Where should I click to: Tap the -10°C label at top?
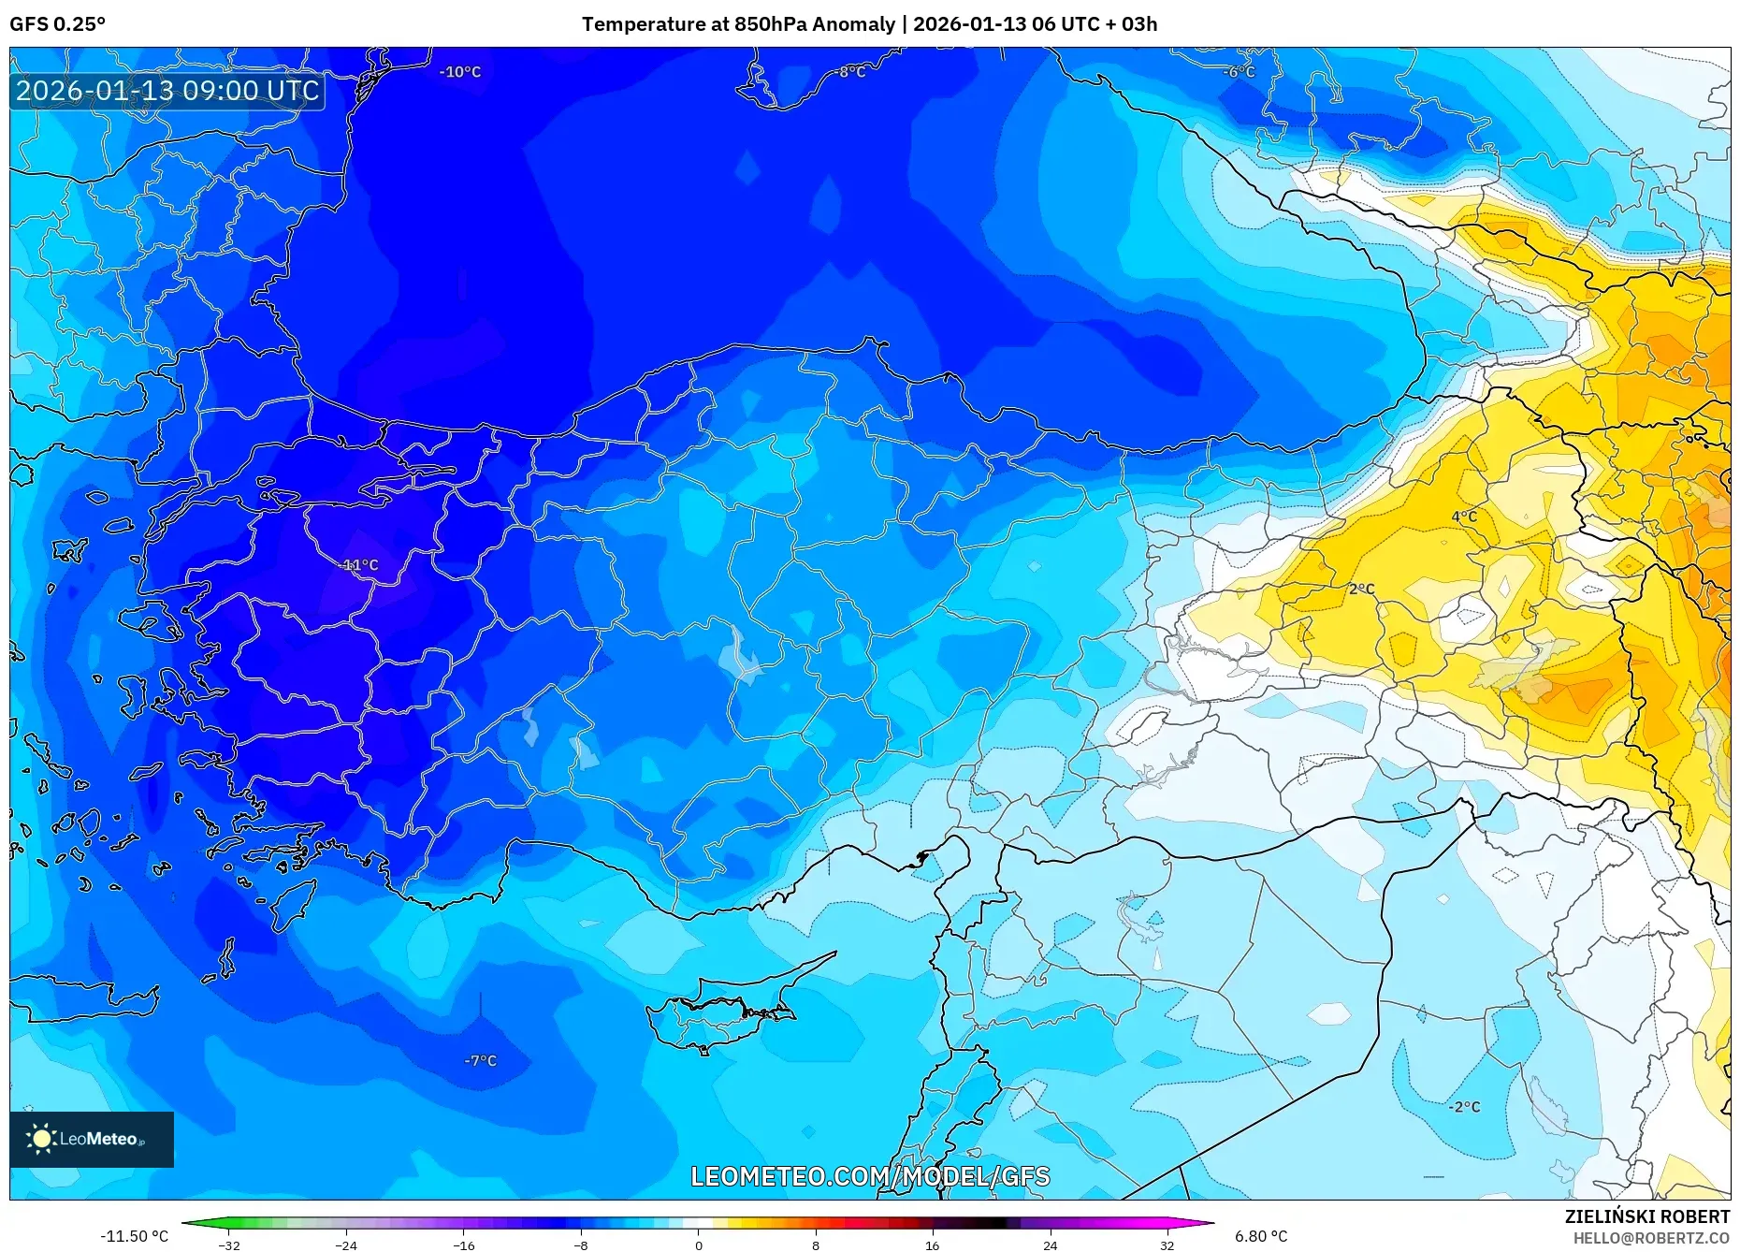coord(460,72)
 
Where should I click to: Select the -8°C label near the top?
coord(850,72)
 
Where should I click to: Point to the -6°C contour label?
coord(1239,72)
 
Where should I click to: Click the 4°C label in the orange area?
coord(1464,517)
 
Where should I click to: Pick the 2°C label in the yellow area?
coord(1361,589)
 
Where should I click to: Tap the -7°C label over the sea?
coord(480,1060)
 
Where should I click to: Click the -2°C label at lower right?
coord(1464,1106)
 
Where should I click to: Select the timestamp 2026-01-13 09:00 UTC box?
coord(167,91)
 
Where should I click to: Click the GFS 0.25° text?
coord(57,24)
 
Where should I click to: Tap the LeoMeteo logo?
coord(92,1139)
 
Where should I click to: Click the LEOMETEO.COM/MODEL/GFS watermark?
coord(870,1176)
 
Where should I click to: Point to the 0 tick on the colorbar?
coord(698,1245)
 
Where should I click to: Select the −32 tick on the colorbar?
coord(229,1245)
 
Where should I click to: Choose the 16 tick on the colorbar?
coord(933,1245)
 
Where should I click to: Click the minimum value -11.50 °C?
coord(134,1236)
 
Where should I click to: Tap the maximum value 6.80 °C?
coord(1260,1236)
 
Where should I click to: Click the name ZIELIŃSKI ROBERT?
coord(1646,1216)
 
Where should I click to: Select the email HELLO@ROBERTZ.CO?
coord(1650,1238)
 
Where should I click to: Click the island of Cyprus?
coord(720,1015)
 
